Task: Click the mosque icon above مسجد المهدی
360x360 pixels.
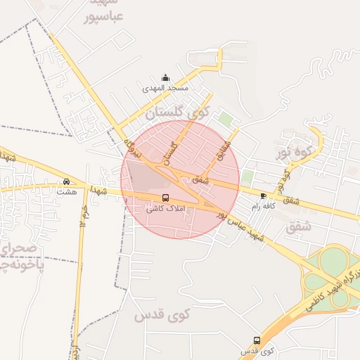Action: (x=165, y=77)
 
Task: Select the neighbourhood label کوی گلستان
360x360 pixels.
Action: (x=176, y=111)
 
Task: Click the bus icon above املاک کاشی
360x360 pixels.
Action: (x=166, y=198)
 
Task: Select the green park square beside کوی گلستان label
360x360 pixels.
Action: (x=225, y=119)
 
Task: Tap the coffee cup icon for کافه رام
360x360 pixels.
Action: (x=263, y=196)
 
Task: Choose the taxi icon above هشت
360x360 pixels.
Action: (x=66, y=181)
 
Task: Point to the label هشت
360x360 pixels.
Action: (x=66, y=191)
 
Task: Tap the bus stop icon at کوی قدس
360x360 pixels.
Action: (x=257, y=340)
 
